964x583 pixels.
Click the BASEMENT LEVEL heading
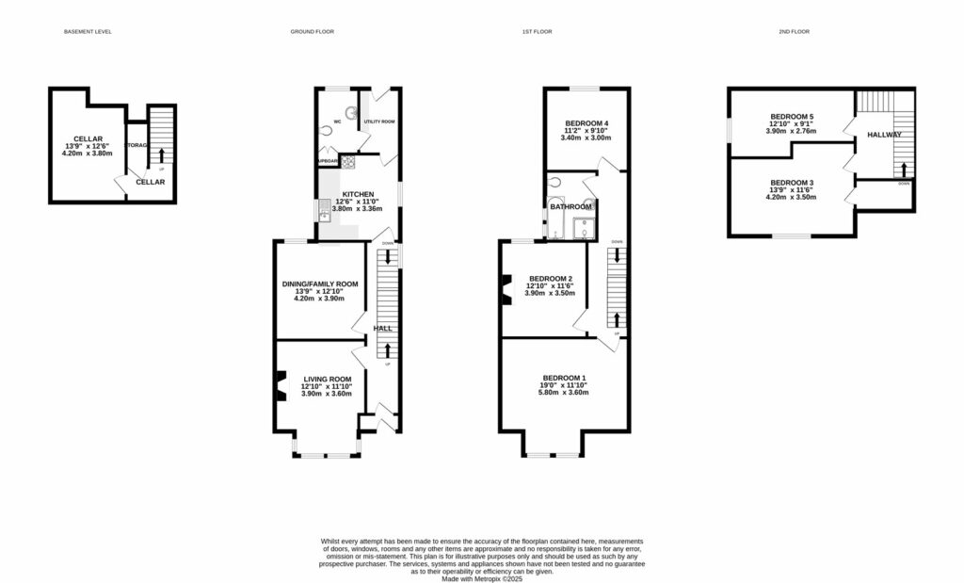88,32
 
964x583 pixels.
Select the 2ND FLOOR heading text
794,32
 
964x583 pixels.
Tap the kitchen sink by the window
323,212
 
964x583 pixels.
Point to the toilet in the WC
325,133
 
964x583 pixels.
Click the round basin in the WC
352,111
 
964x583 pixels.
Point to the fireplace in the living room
280,386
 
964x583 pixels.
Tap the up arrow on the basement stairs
161,156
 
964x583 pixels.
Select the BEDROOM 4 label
586,123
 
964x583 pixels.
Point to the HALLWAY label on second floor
885,136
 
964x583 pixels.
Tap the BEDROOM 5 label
791,117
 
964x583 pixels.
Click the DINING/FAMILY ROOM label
320,283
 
